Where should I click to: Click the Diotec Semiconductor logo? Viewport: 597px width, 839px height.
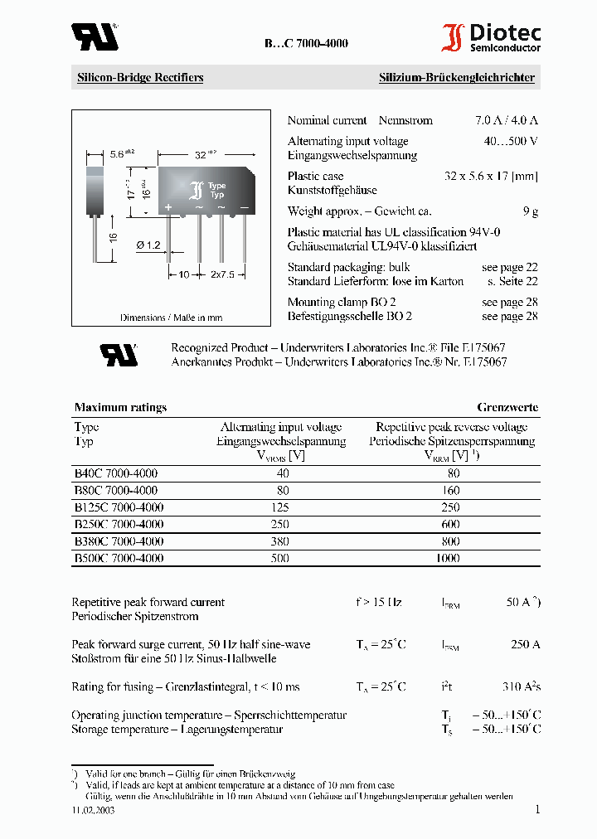coord(491,37)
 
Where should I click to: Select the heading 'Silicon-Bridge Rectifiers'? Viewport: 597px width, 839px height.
coord(140,78)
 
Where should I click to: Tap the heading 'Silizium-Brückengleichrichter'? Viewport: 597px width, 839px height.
coord(457,78)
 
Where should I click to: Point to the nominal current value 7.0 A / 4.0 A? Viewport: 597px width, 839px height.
coord(506,120)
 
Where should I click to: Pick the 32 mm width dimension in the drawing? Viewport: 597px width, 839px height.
coord(202,154)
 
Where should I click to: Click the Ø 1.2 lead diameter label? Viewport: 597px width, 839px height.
coord(148,246)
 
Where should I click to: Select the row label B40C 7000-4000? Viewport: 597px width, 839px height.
coord(116,473)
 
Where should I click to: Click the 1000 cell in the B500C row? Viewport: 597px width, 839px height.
coord(447,559)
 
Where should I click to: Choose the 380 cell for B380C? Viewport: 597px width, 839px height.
coord(283,541)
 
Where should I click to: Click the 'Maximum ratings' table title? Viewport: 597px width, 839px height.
coord(120,407)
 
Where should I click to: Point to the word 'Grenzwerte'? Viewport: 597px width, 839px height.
coord(507,407)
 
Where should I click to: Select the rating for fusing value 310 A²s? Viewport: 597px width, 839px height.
coord(521,686)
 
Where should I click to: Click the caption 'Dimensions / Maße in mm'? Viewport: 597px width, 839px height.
coord(171,318)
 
